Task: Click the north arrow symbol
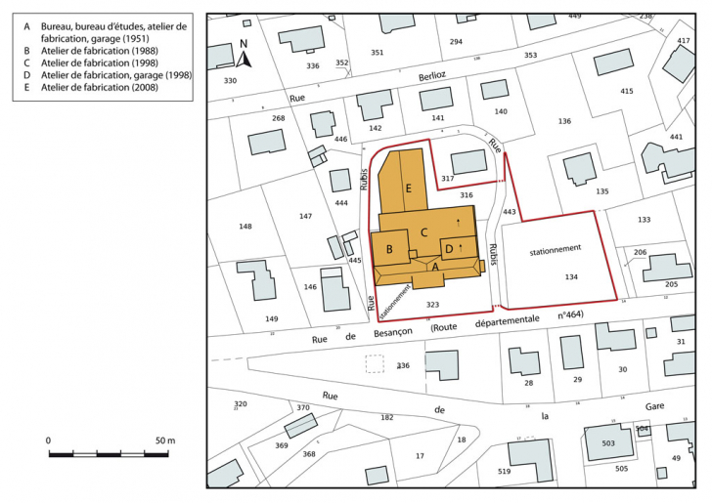(x=245, y=53)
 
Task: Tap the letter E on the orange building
(x=410, y=187)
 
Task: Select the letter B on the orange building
(x=389, y=250)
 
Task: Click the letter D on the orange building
(x=449, y=249)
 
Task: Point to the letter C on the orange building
(x=423, y=231)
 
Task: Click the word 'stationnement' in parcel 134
(x=556, y=249)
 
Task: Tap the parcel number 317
(x=448, y=179)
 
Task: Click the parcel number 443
(x=509, y=211)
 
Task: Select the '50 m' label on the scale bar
(x=163, y=440)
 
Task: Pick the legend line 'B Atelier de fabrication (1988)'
(x=108, y=50)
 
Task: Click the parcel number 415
(x=627, y=91)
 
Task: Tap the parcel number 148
(x=245, y=227)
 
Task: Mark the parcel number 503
(x=607, y=443)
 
